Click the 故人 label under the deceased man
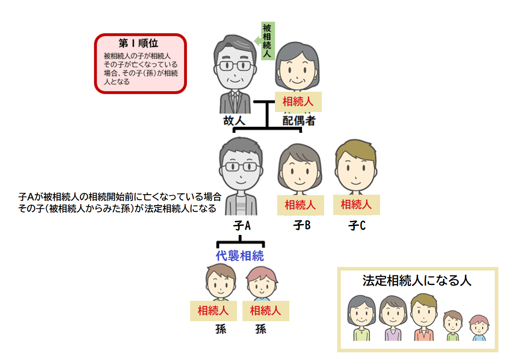(x=234, y=121)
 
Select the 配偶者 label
(x=298, y=121)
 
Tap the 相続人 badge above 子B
(x=300, y=205)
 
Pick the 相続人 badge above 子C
(x=356, y=205)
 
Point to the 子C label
(x=357, y=225)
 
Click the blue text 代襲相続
(x=240, y=256)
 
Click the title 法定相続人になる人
(x=417, y=281)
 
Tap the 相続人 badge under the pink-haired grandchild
(x=265, y=311)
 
